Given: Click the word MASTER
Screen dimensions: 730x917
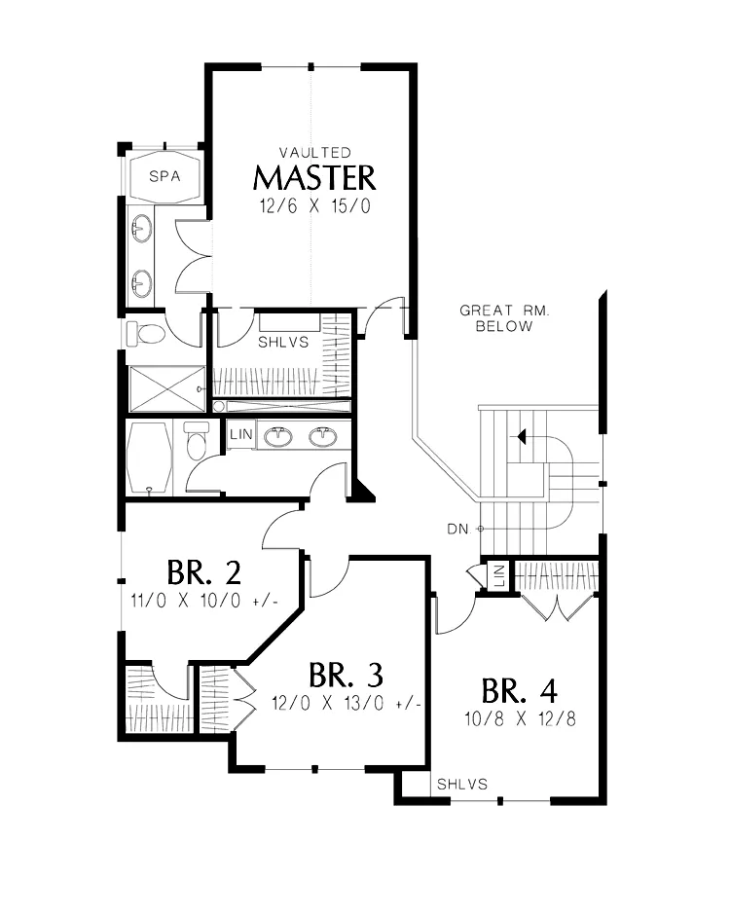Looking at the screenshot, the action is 314,178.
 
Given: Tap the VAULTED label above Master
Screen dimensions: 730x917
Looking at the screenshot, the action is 314,153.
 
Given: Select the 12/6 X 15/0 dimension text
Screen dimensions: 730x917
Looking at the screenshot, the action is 314,206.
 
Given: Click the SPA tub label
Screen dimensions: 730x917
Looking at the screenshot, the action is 164,176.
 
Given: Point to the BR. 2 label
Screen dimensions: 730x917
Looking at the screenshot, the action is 203,572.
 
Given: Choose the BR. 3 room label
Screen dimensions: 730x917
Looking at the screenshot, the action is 346,675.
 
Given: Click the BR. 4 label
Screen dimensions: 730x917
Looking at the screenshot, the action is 520,691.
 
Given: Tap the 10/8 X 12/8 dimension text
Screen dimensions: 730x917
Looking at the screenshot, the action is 520,718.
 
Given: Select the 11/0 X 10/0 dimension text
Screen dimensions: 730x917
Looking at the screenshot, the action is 204,601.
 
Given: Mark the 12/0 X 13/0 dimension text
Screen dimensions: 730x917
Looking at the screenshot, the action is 347,703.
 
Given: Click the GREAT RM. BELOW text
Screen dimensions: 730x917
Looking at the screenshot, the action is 504,318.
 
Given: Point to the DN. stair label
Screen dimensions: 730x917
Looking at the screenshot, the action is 459,530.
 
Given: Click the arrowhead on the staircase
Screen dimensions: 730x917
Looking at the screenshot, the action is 522,436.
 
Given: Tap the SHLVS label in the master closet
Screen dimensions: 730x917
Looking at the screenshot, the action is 283,342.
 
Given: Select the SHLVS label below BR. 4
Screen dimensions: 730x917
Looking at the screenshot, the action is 462,785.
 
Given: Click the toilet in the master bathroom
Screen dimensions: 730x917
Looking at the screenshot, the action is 146,334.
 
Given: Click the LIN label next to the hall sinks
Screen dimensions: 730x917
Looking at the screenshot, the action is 241,434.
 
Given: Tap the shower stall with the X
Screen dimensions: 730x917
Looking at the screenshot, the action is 166,389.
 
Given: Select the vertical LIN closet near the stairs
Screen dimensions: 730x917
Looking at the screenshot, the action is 499,576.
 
